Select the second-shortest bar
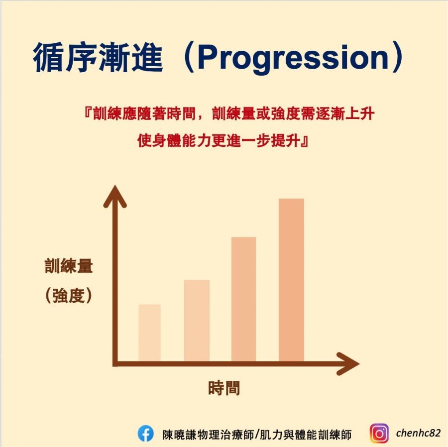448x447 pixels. coord(197,321)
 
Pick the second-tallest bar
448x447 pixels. coord(243,299)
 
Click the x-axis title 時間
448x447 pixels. coord(224,388)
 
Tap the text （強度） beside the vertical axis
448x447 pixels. coord(69,296)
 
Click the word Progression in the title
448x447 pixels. coord(292,59)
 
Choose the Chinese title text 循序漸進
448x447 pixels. coord(98,59)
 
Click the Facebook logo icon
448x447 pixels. coord(145,434)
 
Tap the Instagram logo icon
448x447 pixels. coord(379,434)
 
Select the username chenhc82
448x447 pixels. coord(418,433)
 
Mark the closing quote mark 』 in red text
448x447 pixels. coord(305,141)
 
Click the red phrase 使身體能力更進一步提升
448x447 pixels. coord(219,141)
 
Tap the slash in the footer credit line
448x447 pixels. coord(256,434)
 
